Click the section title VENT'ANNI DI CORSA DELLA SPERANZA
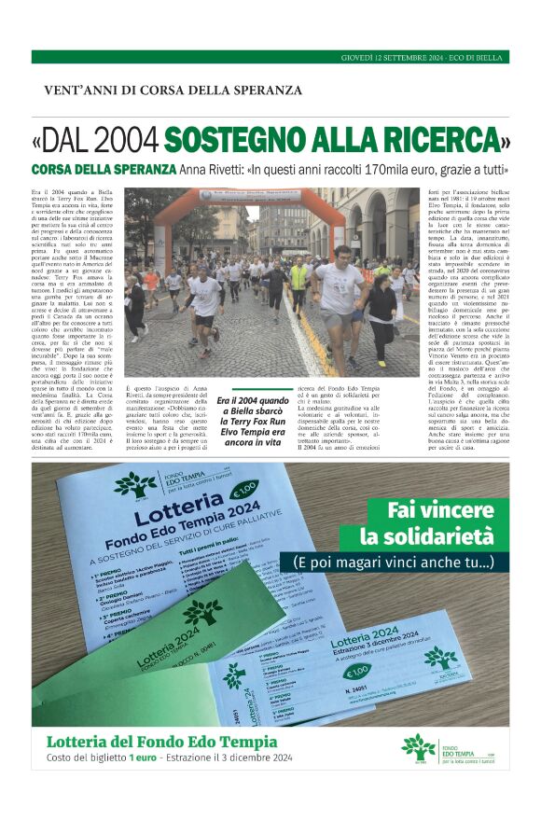173,90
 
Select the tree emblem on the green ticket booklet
201,613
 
